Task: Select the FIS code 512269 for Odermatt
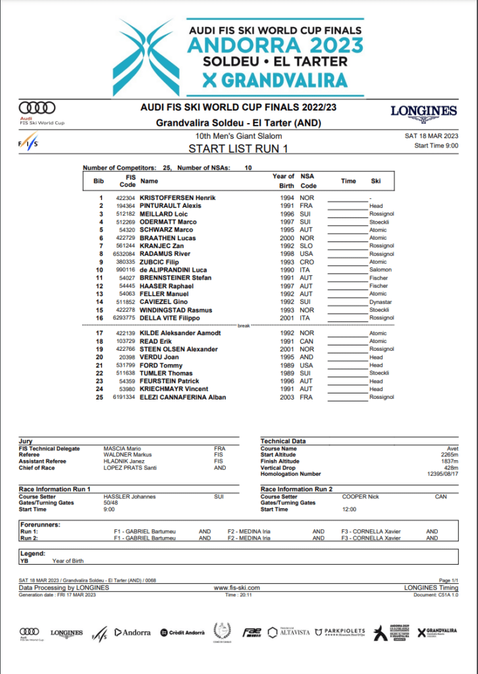pos(125,222)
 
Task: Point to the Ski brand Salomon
pos(380,270)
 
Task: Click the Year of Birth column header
pos(283,180)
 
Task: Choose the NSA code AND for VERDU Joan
pos(305,357)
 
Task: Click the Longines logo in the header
pos(423,112)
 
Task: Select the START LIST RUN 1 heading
pos(238,149)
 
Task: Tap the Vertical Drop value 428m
pos(450,468)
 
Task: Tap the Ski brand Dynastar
pos(381,301)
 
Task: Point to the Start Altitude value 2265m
pos(449,455)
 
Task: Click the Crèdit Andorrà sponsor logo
pos(182,633)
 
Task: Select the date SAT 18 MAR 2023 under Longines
pos(431,136)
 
